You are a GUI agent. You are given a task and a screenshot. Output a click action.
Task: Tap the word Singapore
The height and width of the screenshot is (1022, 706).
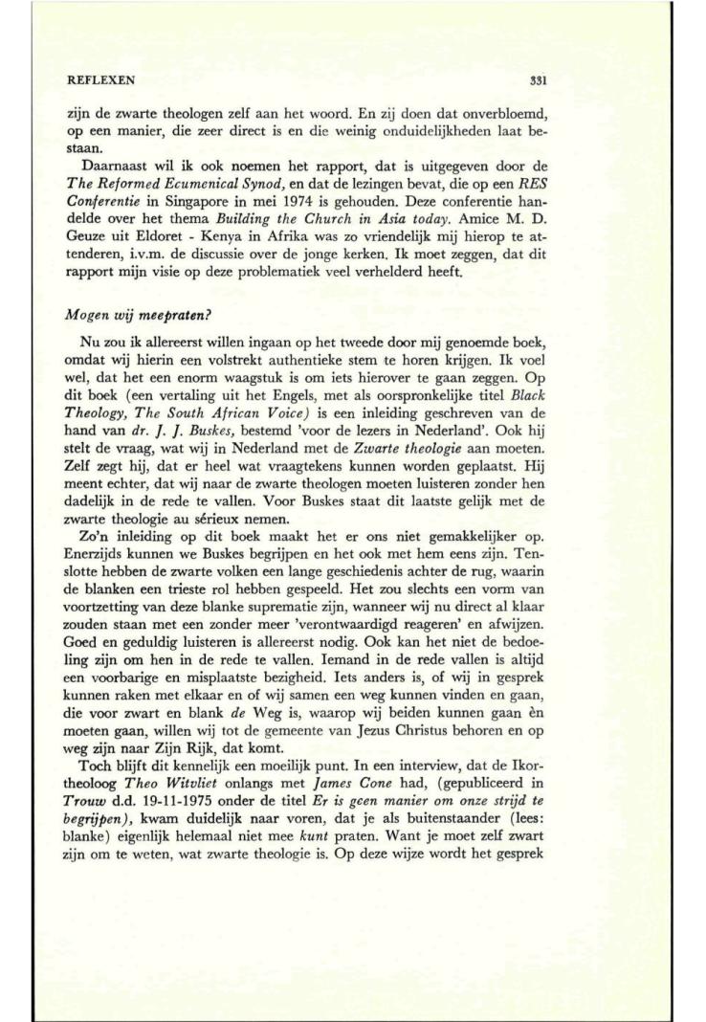[x=248, y=215]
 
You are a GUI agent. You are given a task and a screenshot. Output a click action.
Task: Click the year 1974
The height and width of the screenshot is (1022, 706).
[x=335, y=215]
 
